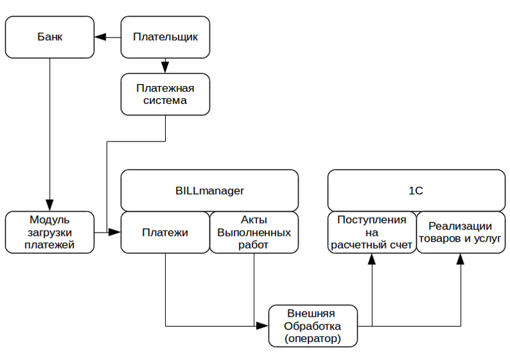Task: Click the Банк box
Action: pyautogui.click(x=50, y=36)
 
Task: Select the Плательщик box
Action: pyautogui.click(x=165, y=36)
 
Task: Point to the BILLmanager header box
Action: pyautogui.click(x=210, y=190)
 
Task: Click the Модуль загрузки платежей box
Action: pyautogui.click(x=50, y=233)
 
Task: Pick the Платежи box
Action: pyautogui.click(x=165, y=233)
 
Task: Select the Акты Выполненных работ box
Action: pyautogui.click(x=254, y=233)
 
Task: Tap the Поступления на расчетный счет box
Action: pyautogui.click(x=372, y=233)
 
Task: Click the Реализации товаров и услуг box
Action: pyautogui.click(x=460, y=233)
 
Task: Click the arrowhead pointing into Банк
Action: pyautogui.click(x=99, y=36)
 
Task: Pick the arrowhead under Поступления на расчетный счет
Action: pyautogui.click(x=372, y=258)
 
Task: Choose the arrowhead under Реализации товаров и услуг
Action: pyautogui.click(x=460, y=258)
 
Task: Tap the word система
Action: pyautogui.click(x=165, y=101)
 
